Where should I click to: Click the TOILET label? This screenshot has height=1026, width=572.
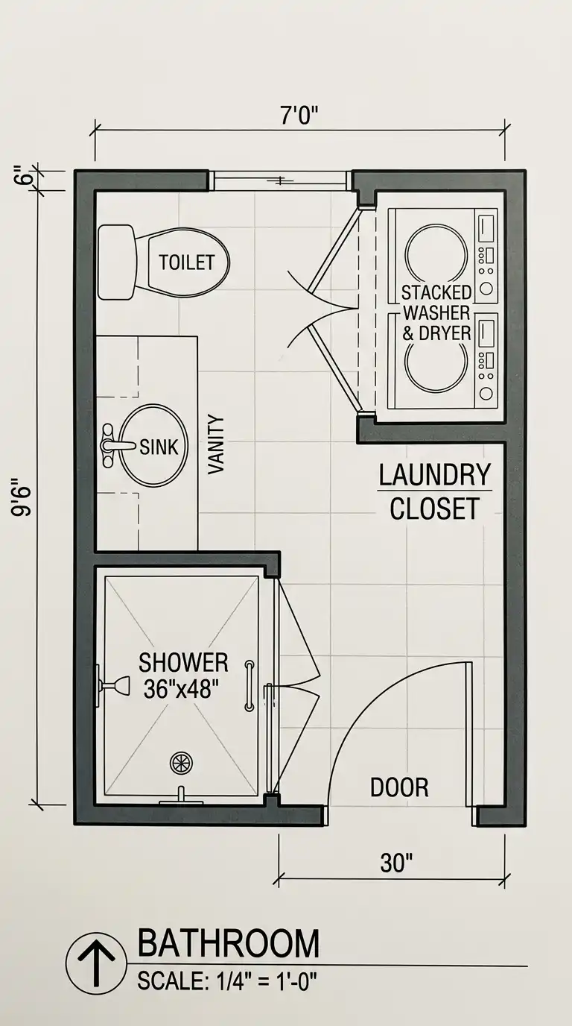coord(187,262)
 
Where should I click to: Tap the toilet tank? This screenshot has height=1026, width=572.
coord(117,262)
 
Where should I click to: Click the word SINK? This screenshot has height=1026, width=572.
coord(159,447)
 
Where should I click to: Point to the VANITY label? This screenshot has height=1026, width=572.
coord(216,444)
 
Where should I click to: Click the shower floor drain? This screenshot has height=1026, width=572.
coord(181,762)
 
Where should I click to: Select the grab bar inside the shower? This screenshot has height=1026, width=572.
coord(250,685)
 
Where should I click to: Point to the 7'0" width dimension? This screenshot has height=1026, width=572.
coord(299,116)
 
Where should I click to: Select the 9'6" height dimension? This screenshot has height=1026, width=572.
coord(22,497)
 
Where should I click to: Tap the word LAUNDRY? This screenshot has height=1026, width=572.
coord(435,475)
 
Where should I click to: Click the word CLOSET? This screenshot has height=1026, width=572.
coord(434,509)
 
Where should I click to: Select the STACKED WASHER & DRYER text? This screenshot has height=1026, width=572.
coord(436,313)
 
